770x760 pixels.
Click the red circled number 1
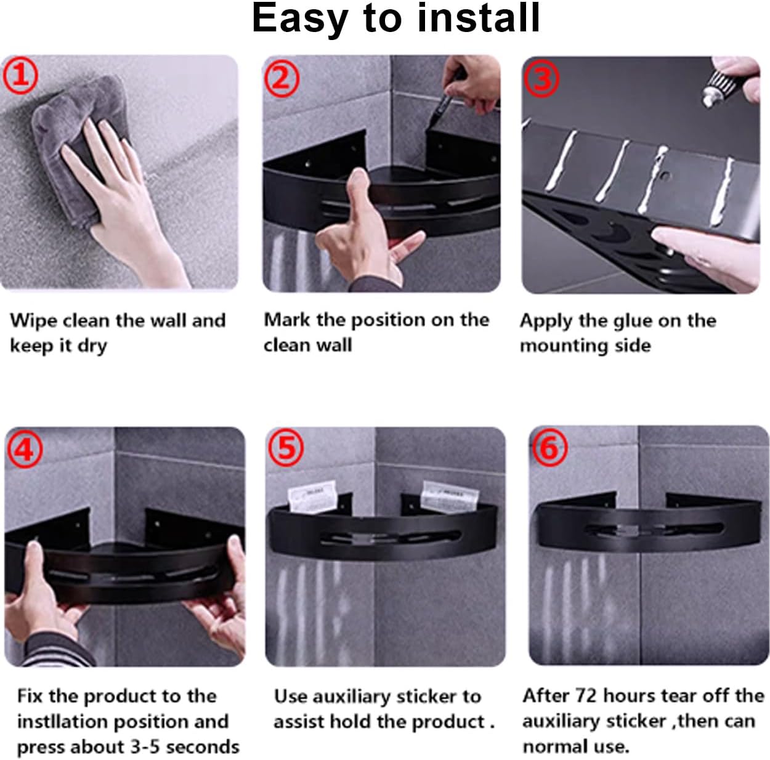pyautogui.click(x=20, y=75)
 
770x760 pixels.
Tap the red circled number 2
pyautogui.click(x=282, y=78)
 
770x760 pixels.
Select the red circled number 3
pyautogui.click(x=542, y=79)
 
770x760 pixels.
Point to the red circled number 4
pyautogui.click(x=25, y=450)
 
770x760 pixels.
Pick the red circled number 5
pyautogui.click(x=286, y=448)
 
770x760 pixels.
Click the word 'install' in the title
pyautogui.click(x=478, y=18)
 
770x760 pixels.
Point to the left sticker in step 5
pyautogui.click(x=312, y=496)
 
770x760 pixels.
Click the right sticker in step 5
pyautogui.click(x=450, y=496)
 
